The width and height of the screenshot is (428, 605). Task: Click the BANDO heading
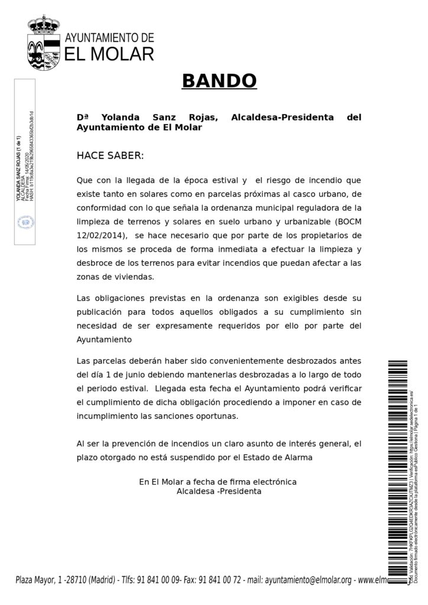point(219,81)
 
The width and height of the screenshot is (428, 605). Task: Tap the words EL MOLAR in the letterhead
point(109,54)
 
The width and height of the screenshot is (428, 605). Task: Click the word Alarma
point(297,457)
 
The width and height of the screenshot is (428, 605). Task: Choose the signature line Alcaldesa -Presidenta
point(219,491)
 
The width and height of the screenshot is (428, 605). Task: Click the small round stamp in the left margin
point(25,223)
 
